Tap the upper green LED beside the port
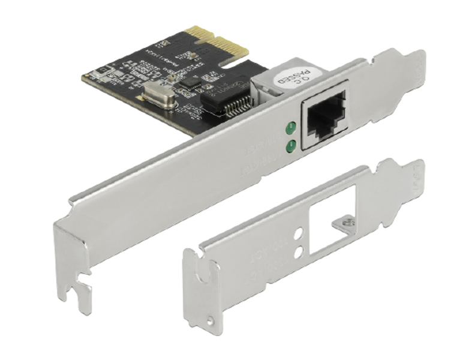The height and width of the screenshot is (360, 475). [291, 127]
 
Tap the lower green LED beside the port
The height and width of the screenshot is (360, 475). [291, 145]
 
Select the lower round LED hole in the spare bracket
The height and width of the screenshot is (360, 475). [298, 253]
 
